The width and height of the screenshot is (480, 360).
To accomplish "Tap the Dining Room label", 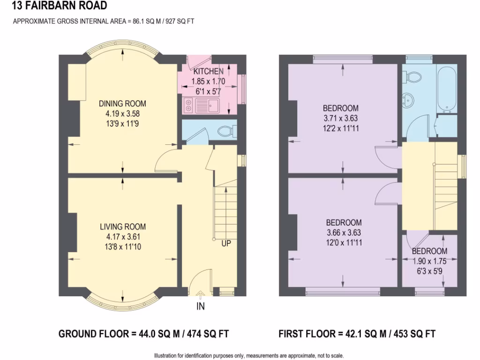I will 122,104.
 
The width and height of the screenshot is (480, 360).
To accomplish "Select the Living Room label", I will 122,227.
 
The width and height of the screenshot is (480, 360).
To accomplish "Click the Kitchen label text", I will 209,72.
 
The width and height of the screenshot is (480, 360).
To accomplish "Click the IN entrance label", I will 201,307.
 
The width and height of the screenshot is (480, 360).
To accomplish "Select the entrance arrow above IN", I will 201,295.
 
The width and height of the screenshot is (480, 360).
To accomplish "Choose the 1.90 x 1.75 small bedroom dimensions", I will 429,261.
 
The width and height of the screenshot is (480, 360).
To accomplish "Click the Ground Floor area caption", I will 143,334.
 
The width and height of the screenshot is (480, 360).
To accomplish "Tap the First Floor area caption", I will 357,334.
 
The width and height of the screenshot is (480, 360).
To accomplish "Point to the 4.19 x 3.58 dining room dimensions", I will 122,113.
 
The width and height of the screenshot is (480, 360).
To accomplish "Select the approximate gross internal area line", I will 103,21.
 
